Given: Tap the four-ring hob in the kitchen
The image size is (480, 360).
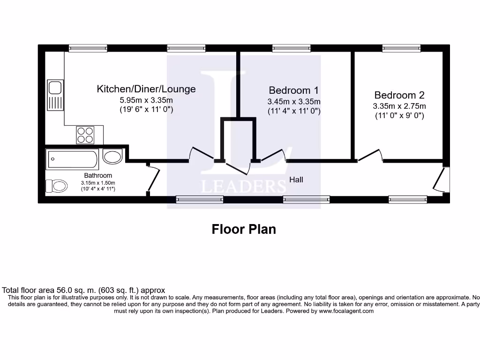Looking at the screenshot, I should coord(85,135).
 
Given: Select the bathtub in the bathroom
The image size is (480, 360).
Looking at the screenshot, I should coord(72,160).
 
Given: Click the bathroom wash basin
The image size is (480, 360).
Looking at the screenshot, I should coord(112,157).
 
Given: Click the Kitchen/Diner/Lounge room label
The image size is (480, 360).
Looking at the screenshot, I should coord(146,89).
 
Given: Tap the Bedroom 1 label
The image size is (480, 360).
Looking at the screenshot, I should coord(294,90).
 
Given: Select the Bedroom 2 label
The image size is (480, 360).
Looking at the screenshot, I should coord(399,95).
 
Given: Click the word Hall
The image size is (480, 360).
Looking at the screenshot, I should coord(296,179).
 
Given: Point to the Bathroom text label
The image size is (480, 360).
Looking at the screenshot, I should coord(98,175).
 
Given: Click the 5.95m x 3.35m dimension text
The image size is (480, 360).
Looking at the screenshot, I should coord(146,100).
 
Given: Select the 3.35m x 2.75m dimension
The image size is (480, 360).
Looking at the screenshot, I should coord(399,106).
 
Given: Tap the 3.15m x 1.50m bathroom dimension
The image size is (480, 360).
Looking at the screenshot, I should coord(98,182).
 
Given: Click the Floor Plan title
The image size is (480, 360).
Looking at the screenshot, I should coord(244,229).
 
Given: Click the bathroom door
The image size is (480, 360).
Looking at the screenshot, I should coord(153,179).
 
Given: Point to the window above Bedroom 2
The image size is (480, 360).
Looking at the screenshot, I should coord(401,48).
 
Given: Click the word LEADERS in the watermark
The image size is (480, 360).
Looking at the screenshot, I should coord(243,186).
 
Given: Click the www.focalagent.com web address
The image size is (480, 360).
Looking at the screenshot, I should coord(346,311).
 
